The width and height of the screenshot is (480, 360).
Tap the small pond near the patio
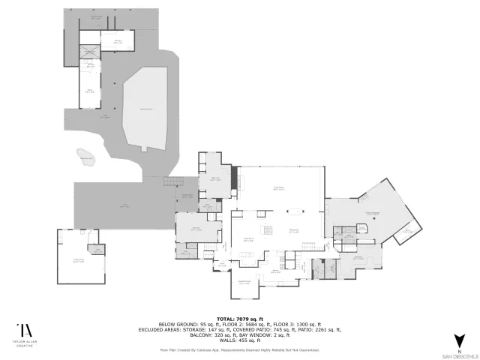(86, 157)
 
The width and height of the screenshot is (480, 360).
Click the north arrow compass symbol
(459, 340)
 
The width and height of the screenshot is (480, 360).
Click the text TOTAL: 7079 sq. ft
(239, 318)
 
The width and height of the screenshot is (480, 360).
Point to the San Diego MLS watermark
(459, 353)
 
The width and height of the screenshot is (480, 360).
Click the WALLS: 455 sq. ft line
(239, 340)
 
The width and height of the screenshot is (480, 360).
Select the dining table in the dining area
(294, 210)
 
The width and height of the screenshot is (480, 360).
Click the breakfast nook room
(244, 283)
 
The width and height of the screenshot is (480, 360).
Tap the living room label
(277, 187)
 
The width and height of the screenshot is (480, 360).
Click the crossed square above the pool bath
(91, 52)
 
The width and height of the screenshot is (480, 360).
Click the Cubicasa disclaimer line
(239, 349)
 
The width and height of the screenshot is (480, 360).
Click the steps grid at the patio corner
(175, 182)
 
